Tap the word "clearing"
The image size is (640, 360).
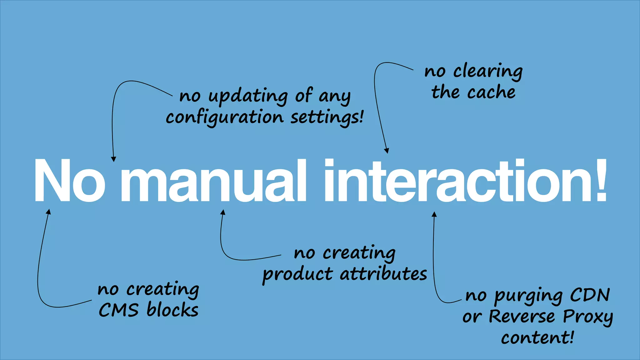(x=488, y=72)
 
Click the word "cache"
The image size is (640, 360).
(x=491, y=92)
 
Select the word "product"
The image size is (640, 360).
(x=297, y=274)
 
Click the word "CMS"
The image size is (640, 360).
(x=118, y=310)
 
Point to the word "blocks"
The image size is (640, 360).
(x=172, y=310)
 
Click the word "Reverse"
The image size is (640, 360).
(x=522, y=316)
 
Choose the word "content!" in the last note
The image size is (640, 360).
(x=537, y=338)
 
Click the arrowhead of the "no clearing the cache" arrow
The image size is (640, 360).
(x=387, y=151)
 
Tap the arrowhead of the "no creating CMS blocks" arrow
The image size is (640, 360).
(x=48, y=212)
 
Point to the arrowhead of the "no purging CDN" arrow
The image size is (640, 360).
(x=434, y=214)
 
